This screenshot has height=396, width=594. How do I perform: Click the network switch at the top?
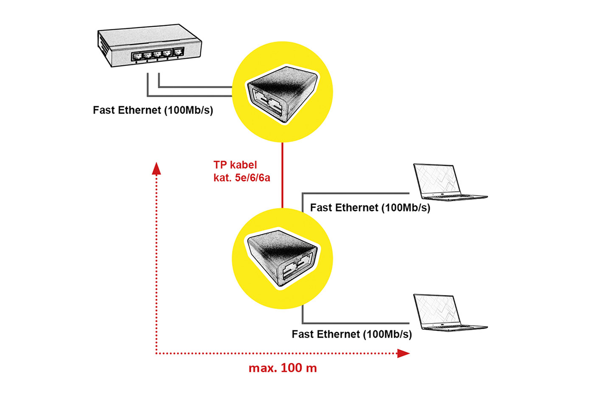coord(148,48)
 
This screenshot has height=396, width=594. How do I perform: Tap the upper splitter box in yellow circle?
coord(283,93)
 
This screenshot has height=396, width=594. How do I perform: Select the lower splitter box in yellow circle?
coord(283,259)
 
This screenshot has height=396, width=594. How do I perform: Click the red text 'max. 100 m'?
coord(283,368)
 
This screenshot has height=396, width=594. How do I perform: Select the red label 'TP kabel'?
coord(235,165)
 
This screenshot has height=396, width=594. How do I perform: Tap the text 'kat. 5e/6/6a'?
coord(241,177)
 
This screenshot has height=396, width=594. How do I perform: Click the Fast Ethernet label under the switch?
coord(153,110)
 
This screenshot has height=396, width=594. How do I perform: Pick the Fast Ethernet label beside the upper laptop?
coord(370,208)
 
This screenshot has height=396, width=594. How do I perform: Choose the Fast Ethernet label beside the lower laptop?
coord(351,334)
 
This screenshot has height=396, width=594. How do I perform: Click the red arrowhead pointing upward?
coord(157,169)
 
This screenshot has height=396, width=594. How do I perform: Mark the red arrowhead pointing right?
coord(403,353)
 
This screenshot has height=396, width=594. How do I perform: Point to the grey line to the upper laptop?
coord(356,194)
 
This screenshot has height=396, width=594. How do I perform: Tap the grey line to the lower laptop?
coord(356,323)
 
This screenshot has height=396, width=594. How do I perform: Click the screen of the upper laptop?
coord(437,179)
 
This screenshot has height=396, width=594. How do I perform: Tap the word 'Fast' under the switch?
coord(104,110)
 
